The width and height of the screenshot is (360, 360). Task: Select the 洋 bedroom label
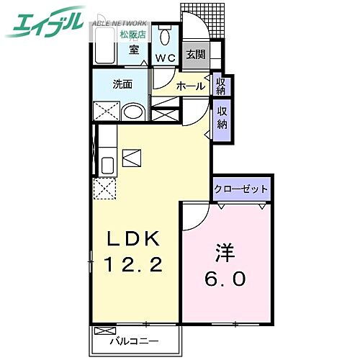pos(225,254)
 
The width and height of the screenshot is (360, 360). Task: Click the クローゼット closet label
pos(241,189)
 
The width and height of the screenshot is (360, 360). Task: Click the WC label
pos(166,58)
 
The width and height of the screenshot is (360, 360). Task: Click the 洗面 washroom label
pos(122,84)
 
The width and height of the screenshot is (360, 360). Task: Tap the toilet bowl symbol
pos(166,35)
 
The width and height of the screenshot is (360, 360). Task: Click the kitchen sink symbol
pos(107,165)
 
